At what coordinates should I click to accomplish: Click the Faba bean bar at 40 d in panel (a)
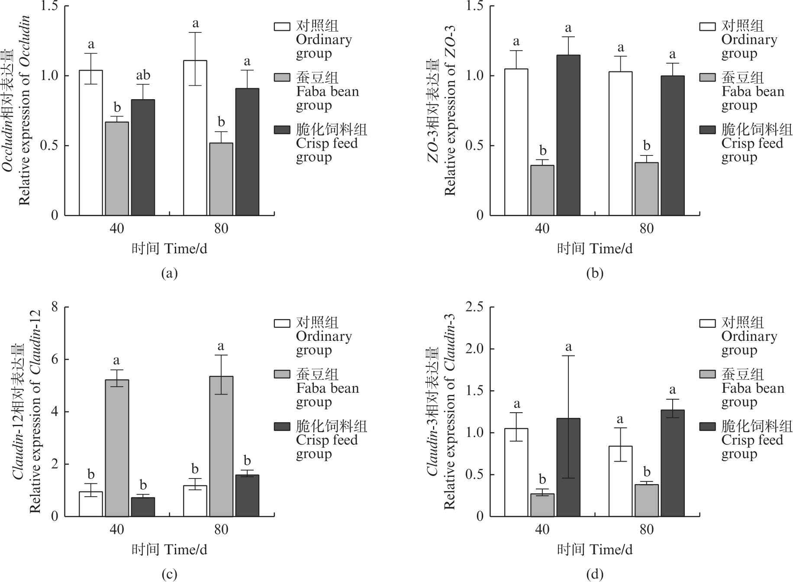pos(117,168)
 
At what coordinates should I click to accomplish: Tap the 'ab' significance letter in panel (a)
pos(143,75)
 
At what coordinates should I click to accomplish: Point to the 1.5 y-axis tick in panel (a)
pos(49,6)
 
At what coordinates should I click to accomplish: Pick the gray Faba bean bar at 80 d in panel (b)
pos(647,189)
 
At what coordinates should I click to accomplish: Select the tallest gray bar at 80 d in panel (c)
pos(221,446)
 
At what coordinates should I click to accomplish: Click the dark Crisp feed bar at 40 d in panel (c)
pos(143,507)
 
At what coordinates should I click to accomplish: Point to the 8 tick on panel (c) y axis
pos(55,307)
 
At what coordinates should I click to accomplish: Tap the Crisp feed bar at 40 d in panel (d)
pos(568,467)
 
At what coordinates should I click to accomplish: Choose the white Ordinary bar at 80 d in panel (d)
pos(620,481)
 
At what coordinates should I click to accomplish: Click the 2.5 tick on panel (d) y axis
pos(474,307)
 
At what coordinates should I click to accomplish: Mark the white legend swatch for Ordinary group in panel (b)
pos(707,26)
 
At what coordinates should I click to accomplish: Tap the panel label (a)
pos(169,274)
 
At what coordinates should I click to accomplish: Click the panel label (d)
pos(595,575)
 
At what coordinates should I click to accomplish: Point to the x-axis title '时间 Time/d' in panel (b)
pos(595,249)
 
